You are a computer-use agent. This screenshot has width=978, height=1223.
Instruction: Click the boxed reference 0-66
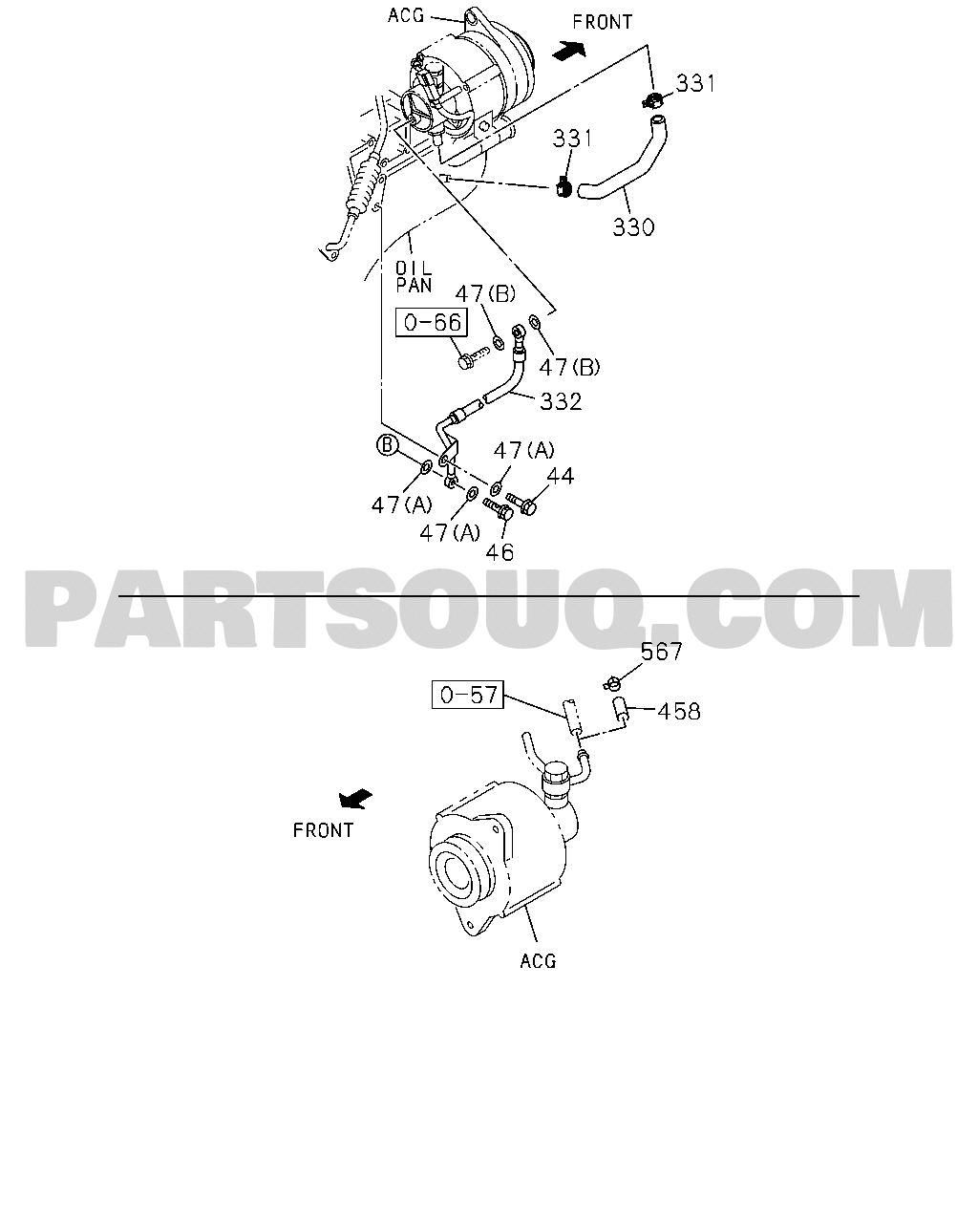pyautogui.click(x=432, y=322)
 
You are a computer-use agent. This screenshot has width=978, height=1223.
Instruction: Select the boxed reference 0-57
pyautogui.click(x=468, y=694)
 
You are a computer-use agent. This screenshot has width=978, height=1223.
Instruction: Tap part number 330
pyautogui.click(x=633, y=227)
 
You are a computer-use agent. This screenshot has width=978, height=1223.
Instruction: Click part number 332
pyautogui.click(x=561, y=402)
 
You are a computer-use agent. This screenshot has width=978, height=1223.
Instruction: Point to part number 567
pyautogui.click(x=662, y=652)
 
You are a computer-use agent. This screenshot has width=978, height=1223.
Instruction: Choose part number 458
pyautogui.click(x=679, y=711)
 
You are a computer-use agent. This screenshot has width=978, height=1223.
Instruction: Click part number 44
pyautogui.click(x=561, y=476)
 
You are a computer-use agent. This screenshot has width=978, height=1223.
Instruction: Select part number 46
pyautogui.click(x=500, y=552)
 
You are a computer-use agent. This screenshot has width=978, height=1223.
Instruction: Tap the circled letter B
pyautogui.click(x=387, y=445)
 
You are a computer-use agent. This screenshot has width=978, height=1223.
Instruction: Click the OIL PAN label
pyautogui.click(x=414, y=277)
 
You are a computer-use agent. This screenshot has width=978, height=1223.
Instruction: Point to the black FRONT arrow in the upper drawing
pyautogui.click(x=568, y=51)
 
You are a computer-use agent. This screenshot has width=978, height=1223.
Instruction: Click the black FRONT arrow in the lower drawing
pyautogui.click(x=355, y=799)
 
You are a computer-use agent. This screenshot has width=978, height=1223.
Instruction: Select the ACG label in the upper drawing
pyautogui.click(x=406, y=16)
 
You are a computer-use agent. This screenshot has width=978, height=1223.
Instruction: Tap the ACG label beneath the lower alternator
pyautogui.click(x=538, y=961)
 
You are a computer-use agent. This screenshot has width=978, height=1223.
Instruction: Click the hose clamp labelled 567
pyautogui.click(x=612, y=683)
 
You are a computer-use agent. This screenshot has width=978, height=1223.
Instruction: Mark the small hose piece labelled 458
pyautogui.click(x=621, y=712)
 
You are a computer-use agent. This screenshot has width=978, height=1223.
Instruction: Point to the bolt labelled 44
pyautogui.click(x=521, y=503)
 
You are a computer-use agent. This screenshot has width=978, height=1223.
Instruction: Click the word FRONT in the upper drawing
pyautogui.click(x=603, y=22)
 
